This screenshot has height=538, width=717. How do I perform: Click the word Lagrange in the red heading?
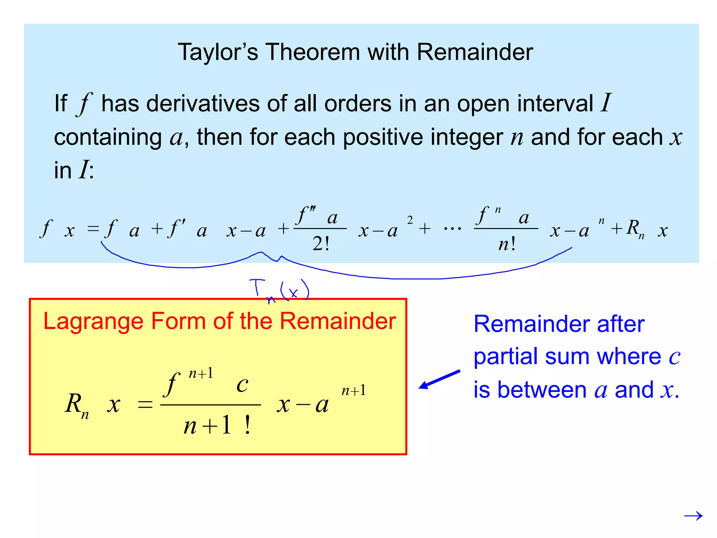93,321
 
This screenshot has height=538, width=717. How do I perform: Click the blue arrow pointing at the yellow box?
439,379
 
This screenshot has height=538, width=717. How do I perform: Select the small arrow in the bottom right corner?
693,516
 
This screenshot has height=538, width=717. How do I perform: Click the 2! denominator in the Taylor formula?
321,243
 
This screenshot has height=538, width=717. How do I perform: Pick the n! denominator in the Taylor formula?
507,243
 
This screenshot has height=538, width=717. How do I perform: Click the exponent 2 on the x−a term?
410,220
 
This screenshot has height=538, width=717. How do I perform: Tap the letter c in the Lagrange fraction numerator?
242,385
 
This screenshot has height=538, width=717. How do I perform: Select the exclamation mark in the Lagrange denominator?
248,425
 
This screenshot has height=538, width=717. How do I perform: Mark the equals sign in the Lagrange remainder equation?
145,405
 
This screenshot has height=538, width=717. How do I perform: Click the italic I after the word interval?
606,103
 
